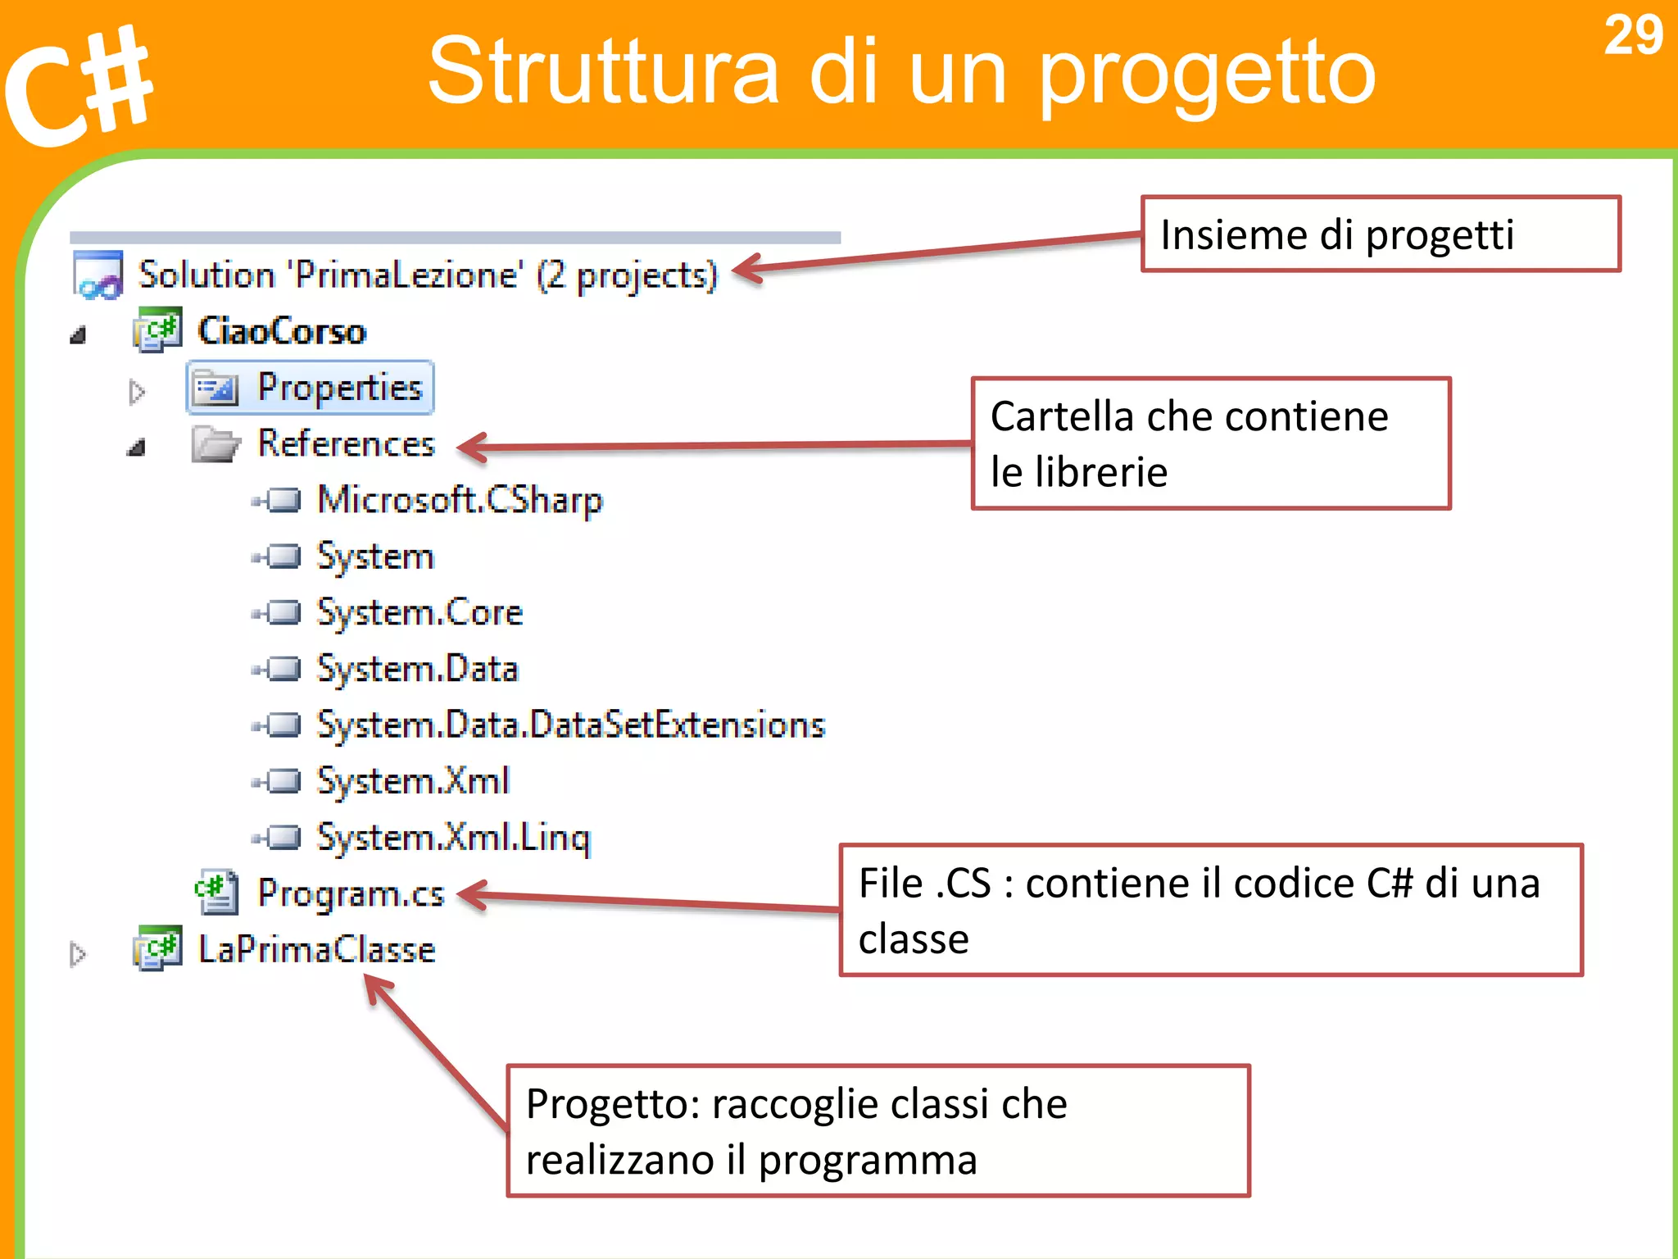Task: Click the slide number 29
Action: point(1633,36)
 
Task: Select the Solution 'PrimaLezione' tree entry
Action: point(427,275)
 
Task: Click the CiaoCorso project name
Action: point(282,331)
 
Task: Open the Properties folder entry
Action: point(339,388)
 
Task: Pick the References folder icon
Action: point(215,444)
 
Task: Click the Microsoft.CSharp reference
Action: point(460,500)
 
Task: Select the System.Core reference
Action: point(419,613)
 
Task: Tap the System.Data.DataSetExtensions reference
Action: point(570,725)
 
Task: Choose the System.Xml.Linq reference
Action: point(453,838)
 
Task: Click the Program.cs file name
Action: point(351,893)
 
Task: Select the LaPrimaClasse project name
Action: point(316,950)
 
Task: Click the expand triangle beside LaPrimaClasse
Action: point(78,954)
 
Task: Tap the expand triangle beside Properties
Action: point(137,392)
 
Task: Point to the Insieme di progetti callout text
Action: point(1337,235)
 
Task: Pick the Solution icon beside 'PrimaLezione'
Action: point(98,275)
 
